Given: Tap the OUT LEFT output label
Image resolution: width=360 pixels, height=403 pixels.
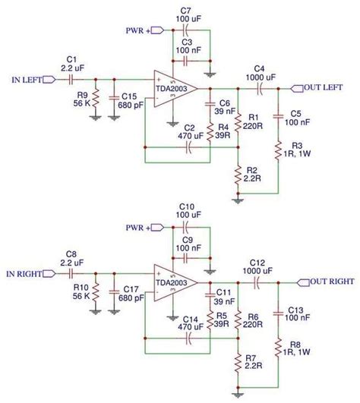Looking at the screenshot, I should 324,87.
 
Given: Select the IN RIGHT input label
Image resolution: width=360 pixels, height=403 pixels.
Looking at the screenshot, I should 27,273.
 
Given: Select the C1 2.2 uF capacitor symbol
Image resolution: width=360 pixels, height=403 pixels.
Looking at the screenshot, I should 72,79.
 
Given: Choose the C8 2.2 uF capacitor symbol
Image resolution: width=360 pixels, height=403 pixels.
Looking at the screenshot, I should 72,273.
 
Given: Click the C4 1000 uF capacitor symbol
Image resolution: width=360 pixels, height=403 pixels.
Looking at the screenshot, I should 259,88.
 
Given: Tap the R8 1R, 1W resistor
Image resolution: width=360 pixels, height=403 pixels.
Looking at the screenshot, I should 279,345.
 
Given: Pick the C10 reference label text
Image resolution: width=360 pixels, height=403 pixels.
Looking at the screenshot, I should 187,206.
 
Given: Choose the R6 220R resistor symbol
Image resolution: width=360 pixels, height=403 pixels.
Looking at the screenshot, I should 238,316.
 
